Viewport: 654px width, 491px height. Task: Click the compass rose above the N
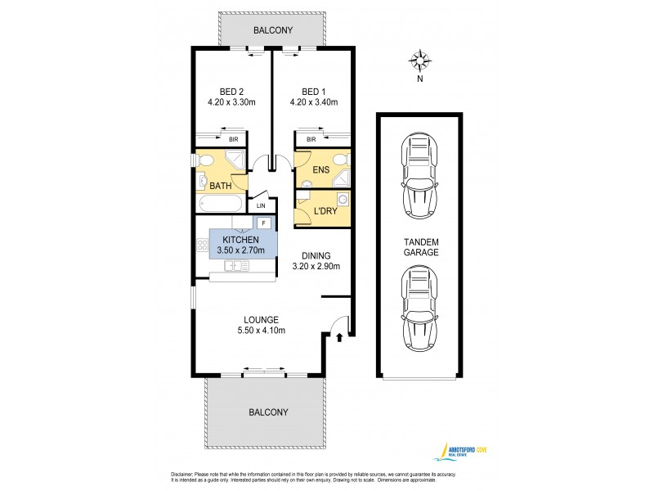[420, 61]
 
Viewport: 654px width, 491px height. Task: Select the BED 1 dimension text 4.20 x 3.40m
[313, 102]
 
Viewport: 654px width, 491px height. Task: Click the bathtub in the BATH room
[218, 204]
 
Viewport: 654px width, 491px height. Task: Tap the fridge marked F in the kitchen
[264, 223]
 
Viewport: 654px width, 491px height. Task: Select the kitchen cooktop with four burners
[202, 245]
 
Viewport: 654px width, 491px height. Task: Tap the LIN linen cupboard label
[262, 205]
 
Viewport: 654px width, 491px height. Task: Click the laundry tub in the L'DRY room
[343, 198]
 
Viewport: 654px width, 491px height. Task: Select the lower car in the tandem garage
[419, 311]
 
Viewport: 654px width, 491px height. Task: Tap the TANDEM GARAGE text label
[420, 247]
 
